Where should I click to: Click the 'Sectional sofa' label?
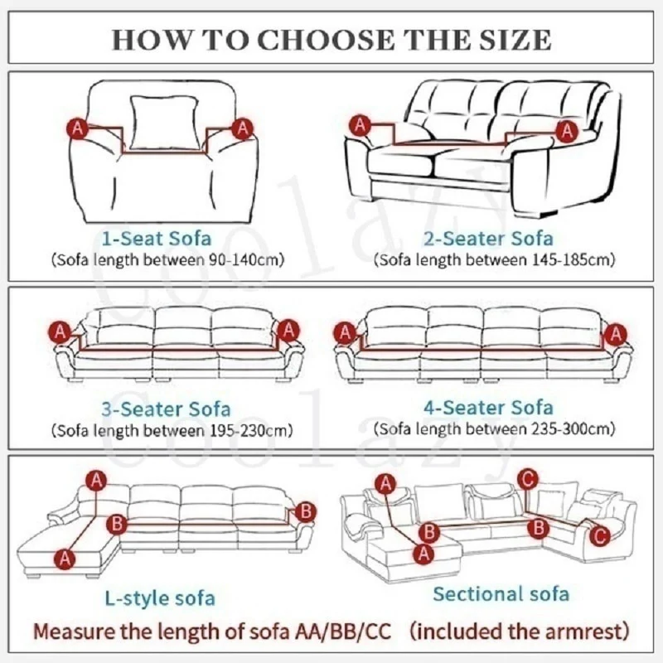pyautogui.click(x=501, y=593)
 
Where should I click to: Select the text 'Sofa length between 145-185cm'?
pyautogui.click(x=496, y=259)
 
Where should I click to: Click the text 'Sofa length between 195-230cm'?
pyautogui.click(x=172, y=430)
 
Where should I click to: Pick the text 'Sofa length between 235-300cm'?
pyautogui.click(x=496, y=429)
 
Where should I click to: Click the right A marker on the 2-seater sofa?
pyautogui.click(x=567, y=130)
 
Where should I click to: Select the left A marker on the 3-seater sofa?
pyautogui.click(x=60, y=331)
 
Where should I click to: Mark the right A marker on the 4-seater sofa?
pyautogui.click(x=615, y=334)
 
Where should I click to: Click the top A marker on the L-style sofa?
pyautogui.click(x=98, y=480)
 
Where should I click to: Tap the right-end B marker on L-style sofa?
pyautogui.click(x=306, y=511)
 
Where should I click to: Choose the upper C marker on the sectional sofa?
pyautogui.click(x=528, y=477)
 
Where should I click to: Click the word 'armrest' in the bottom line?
pyautogui.click(x=578, y=632)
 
